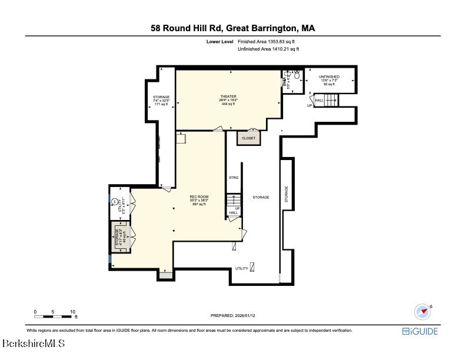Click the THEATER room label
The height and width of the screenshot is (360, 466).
[228, 96]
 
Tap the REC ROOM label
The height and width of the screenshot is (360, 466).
[199, 196]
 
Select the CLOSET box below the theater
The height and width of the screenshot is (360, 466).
[248, 138]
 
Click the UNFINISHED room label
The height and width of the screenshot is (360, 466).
[329, 77]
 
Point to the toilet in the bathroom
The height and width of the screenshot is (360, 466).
[297, 75]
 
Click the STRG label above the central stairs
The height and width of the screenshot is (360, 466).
[233, 177]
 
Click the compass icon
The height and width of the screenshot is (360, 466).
[422, 312]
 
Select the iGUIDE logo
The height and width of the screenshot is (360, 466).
[420, 331]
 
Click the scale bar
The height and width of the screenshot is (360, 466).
[54, 317]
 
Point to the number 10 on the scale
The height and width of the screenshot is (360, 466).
[73, 311]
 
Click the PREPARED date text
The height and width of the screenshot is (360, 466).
[234, 316]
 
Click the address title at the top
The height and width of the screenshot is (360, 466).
[233, 28]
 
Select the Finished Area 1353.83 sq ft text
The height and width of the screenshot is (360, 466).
[267, 42]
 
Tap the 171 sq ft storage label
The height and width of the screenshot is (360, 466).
[161, 104]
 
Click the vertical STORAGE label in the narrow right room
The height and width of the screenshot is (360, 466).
[287, 194]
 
